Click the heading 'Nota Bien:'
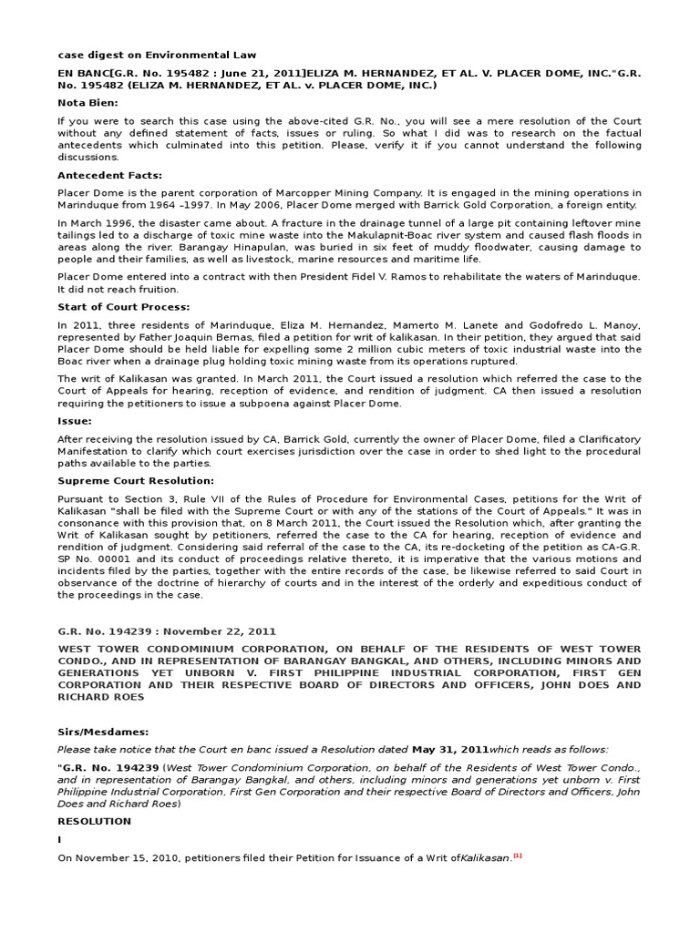[x=87, y=102]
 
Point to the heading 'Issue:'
[x=74, y=422]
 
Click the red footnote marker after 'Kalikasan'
[x=517, y=856]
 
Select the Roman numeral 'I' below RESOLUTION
[x=60, y=839]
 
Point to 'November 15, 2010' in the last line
[x=122, y=857]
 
